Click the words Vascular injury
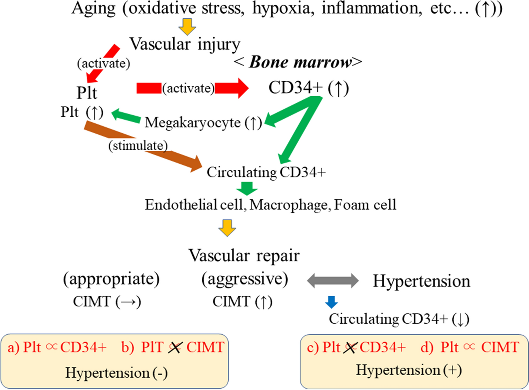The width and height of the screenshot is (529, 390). (185, 45)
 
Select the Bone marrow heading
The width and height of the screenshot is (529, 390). (298, 62)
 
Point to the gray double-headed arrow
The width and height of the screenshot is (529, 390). (332, 281)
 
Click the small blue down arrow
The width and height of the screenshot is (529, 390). (331, 302)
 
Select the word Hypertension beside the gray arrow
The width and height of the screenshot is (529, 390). (421, 281)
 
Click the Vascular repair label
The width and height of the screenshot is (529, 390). (244, 256)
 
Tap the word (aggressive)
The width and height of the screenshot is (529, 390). (244, 279)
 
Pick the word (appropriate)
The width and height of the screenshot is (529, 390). (111, 279)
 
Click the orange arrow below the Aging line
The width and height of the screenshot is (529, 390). (187, 26)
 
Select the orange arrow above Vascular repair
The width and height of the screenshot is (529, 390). (227, 227)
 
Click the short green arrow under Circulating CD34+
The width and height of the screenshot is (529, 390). (247, 188)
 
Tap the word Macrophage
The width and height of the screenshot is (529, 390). (288, 205)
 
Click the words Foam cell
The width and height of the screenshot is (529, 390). (365, 205)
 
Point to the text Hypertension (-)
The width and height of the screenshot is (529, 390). (116, 373)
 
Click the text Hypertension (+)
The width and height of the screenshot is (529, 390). (409, 370)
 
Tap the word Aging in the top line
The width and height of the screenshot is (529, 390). (93, 8)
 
